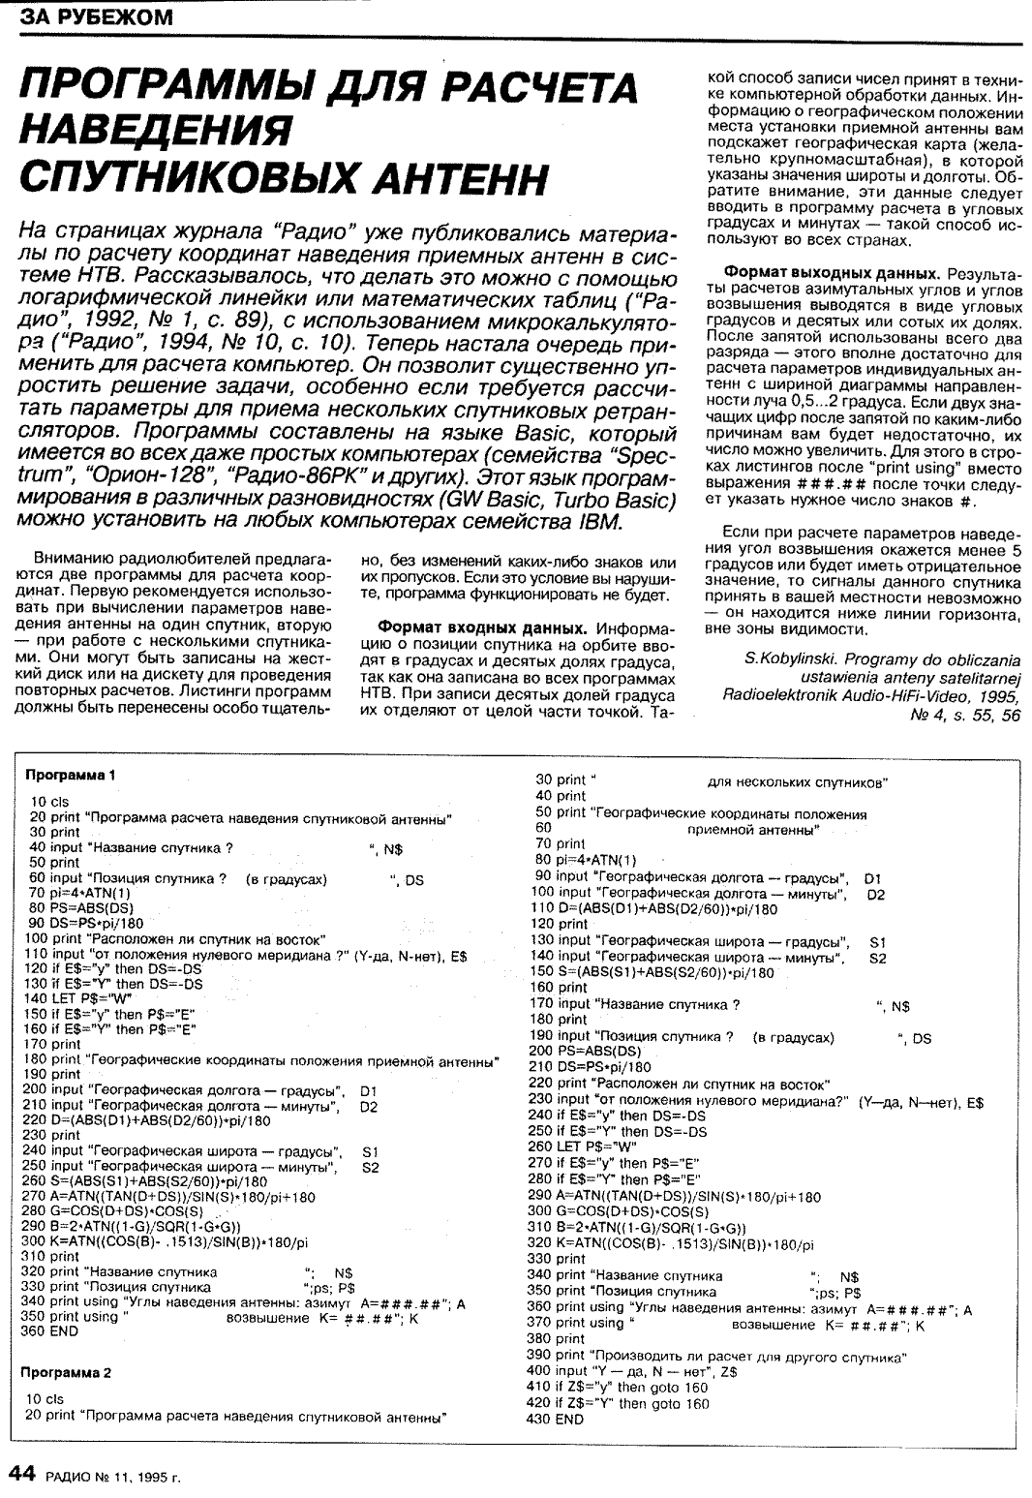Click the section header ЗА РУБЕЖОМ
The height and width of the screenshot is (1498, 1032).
[x=93, y=18]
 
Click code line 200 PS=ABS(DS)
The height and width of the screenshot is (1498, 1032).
[x=585, y=1051]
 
